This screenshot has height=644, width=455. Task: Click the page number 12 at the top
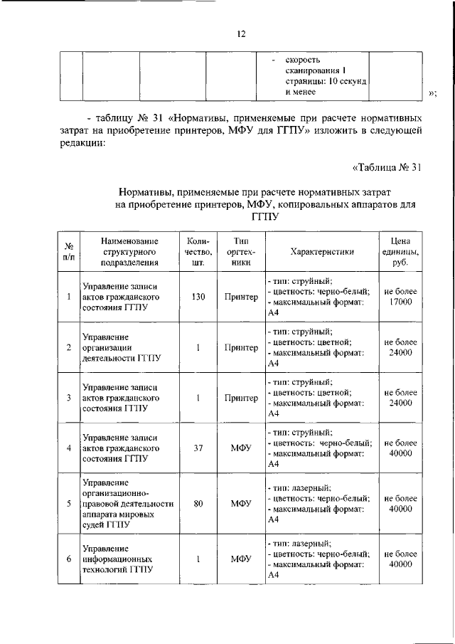click(241, 33)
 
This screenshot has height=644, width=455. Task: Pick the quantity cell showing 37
click(198, 448)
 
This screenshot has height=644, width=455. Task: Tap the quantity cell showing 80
click(198, 504)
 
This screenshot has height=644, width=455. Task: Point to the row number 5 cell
click(68, 504)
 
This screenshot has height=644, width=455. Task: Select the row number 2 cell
click(68, 347)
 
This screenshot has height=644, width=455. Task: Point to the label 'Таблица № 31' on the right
click(388, 168)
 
